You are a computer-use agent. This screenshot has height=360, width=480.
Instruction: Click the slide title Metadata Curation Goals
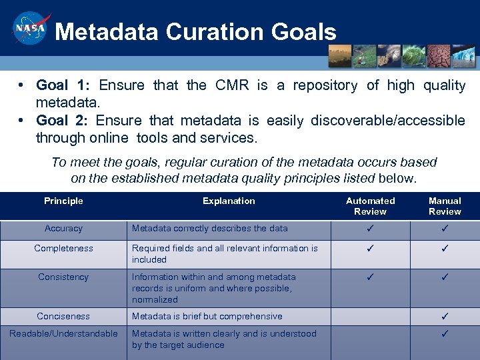coord(195,31)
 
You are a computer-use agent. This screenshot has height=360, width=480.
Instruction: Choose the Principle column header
coord(63,201)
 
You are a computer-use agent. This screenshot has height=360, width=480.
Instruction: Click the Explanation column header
coord(229,201)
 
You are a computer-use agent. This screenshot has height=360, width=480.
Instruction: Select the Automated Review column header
coord(370,206)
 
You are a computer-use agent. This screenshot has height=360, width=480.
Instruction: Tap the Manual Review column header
coord(445,206)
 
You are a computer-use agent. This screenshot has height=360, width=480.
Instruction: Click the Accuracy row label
coord(63,229)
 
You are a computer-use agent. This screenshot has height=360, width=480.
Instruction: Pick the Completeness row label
coord(63,249)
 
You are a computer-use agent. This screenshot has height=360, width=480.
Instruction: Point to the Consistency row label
coord(63,277)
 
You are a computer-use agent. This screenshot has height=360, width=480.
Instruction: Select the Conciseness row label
coord(63,317)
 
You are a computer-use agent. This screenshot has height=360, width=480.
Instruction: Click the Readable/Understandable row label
coord(63,334)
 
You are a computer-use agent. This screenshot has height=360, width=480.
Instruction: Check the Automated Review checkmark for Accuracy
coord(370,229)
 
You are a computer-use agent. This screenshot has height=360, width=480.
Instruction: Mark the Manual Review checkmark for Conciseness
coord(445,317)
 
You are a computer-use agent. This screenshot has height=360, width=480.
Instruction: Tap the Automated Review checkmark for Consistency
coord(370,277)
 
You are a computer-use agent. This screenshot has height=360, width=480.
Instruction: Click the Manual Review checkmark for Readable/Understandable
coord(445,334)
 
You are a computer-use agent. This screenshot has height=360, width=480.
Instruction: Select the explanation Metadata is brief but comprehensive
coord(207,317)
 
